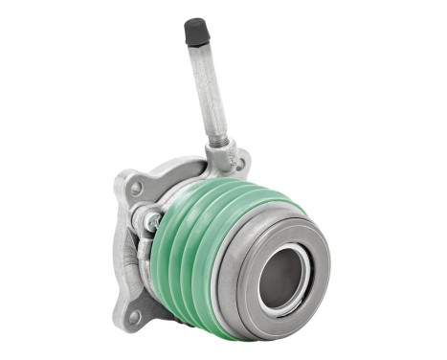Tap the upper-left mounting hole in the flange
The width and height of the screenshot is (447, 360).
coord(136,189)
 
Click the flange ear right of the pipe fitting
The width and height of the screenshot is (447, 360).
coord(243,161)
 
